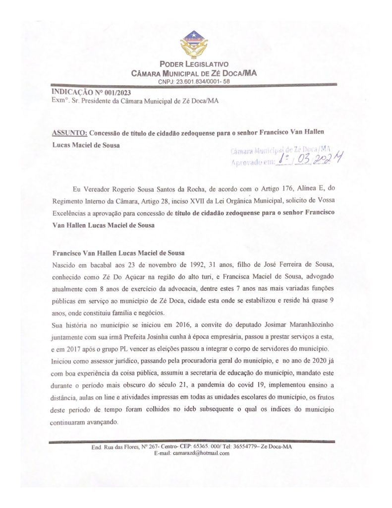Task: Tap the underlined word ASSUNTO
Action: click(69, 133)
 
